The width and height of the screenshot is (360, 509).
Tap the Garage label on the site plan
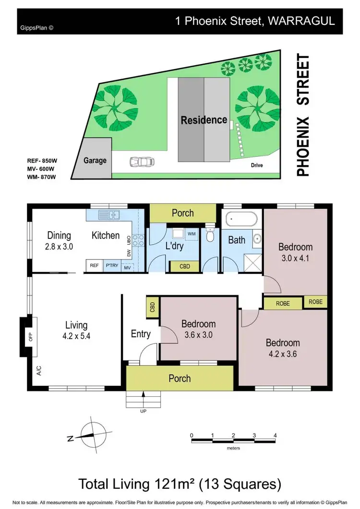coord(95,160)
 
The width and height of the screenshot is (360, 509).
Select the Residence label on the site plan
coord(204,119)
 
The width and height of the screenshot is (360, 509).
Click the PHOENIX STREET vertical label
coord(302,116)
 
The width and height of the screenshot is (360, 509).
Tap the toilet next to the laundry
coord(209,235)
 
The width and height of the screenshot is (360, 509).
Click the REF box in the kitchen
coord(94,265)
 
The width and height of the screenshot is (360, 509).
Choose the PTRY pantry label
coord(112,265)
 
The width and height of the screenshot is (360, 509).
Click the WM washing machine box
coord(192,234)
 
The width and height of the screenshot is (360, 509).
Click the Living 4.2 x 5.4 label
coord(76,331)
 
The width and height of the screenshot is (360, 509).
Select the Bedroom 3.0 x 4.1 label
coord(295,252)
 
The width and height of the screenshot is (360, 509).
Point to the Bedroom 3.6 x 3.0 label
coord(198,329)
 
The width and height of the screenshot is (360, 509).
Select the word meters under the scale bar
coord(233,448)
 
